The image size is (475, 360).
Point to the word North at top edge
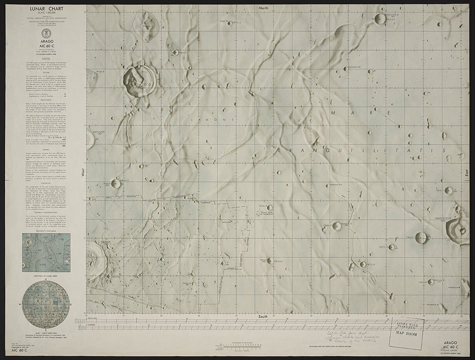pos(263,8)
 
